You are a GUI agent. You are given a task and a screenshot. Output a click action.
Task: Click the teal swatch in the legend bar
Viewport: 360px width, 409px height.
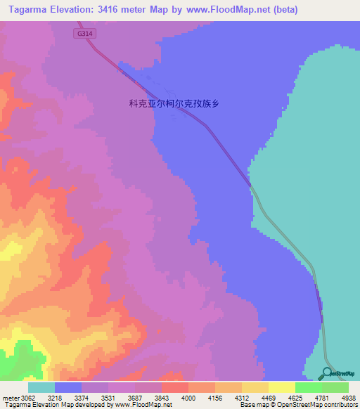[41, 387]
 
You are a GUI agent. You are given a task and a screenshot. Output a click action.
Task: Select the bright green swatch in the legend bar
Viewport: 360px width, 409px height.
[309, 387]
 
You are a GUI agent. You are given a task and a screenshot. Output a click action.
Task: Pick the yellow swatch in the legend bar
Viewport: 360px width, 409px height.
[282, 387]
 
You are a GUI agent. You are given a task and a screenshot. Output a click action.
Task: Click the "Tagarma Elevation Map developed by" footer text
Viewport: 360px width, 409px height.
[47, 404]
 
